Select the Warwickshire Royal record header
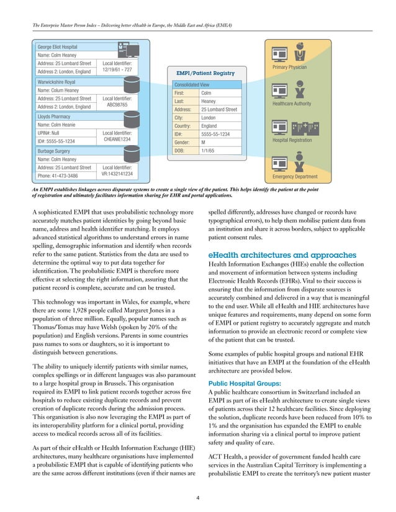(56, 81)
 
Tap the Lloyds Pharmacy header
(55, 115)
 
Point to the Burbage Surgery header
(55, 150)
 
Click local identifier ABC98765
(117, 105)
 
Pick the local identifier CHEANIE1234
(117, 140)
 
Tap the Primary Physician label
(292, 67)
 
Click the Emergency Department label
(296, 177)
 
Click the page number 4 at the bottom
(198, 497)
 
